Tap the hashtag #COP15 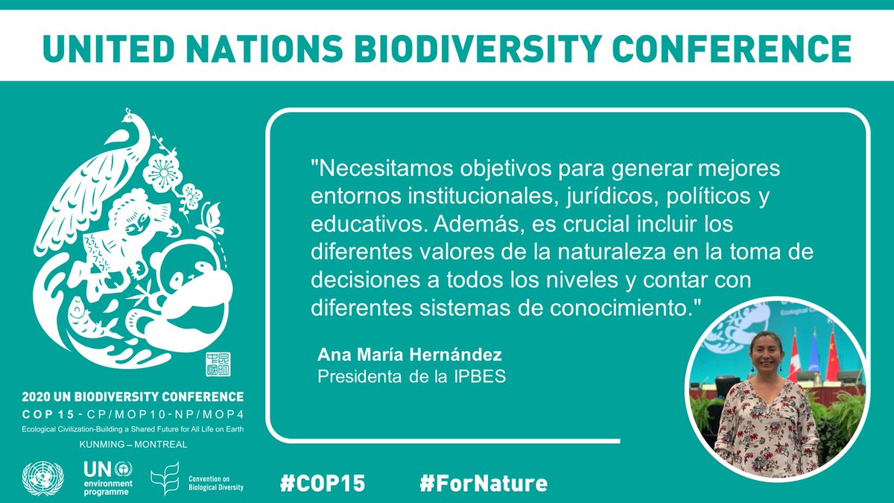coord(323,484)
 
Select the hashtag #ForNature coord(483,484)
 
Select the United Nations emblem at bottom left coord(43,480)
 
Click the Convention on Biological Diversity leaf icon coord(165,479)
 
